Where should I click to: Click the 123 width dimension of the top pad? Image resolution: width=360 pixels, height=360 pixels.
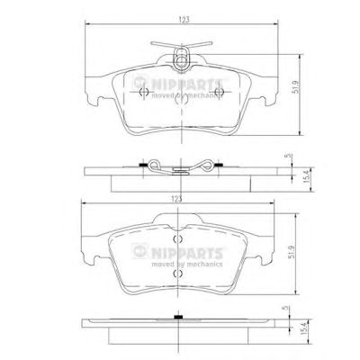[184, 20]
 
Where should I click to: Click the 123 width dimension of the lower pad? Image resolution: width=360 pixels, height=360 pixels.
[177, 199]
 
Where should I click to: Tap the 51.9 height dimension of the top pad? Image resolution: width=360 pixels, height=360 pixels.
[296, 86]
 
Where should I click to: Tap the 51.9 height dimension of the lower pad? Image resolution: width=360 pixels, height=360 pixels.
[292, 252]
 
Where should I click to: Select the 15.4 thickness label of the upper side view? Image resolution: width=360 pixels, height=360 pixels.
[306, 177]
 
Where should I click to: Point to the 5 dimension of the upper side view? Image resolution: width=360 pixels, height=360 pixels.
[288, 156]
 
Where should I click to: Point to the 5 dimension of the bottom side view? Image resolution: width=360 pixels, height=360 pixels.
[285, 308]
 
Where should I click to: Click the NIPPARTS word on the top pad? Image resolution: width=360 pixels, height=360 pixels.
[186, 85]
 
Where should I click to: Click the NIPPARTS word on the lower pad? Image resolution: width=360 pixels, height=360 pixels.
[186, 254]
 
